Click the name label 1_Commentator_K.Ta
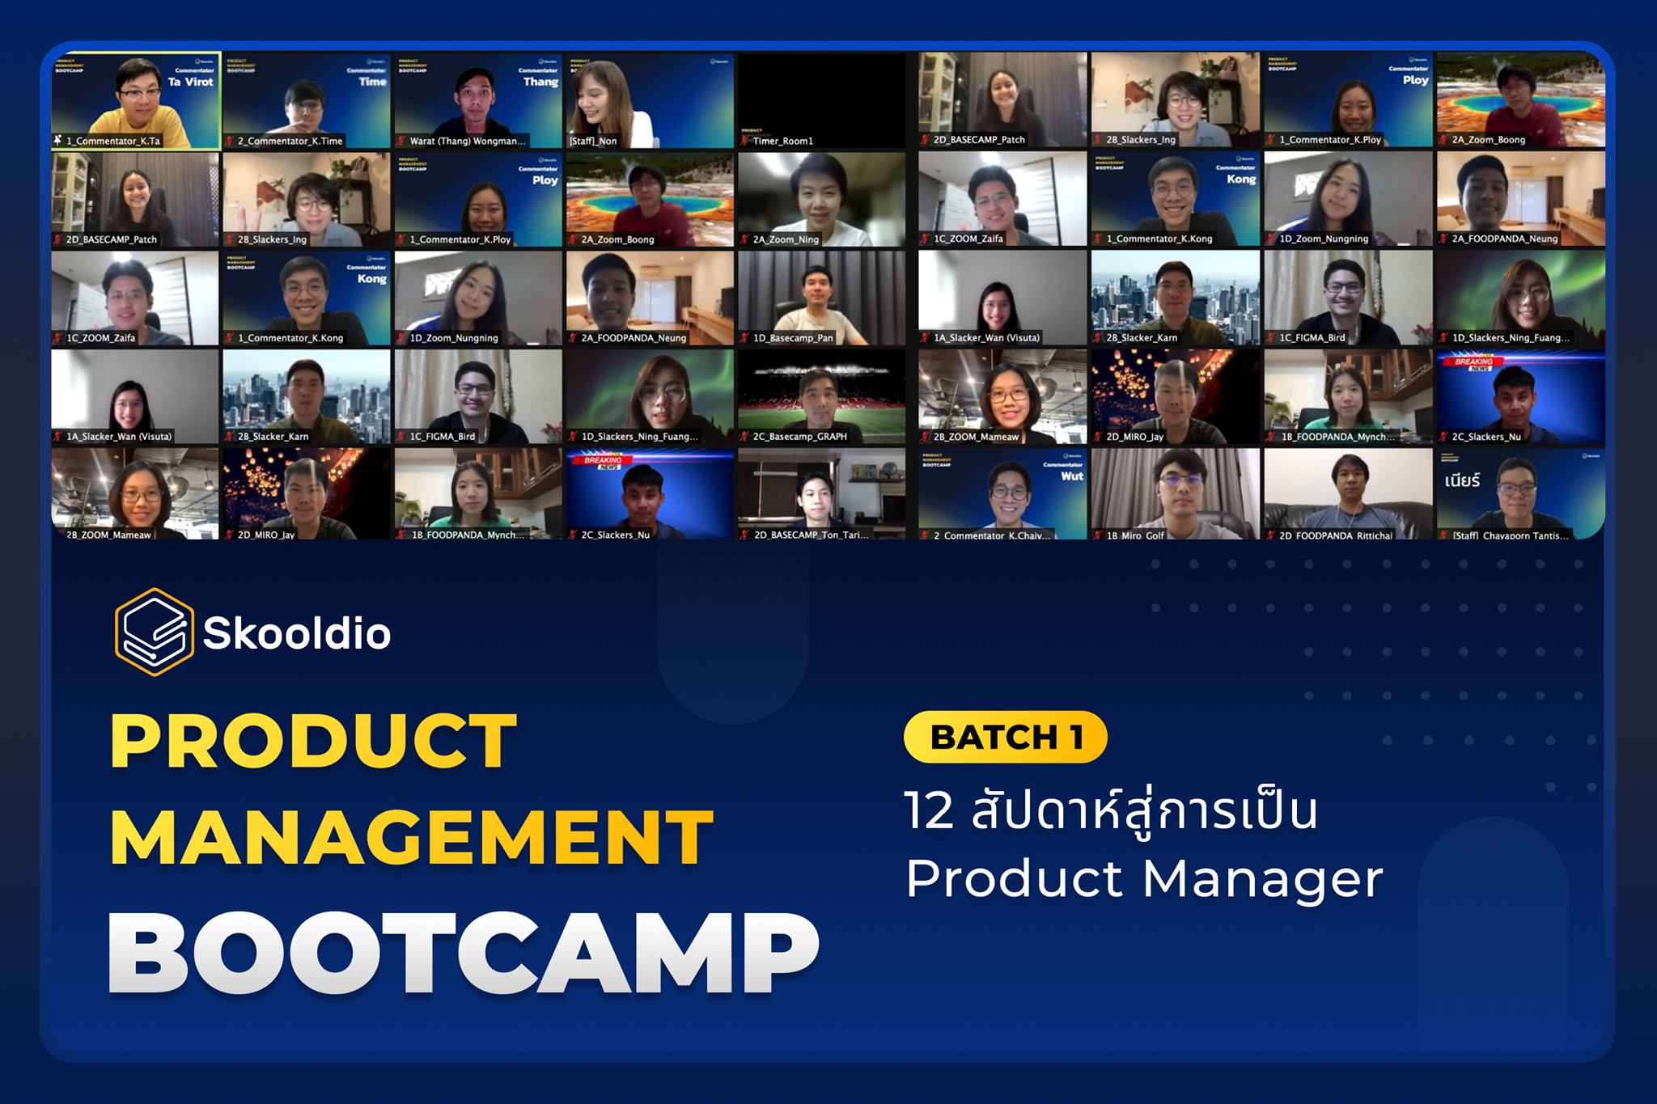[x=112, y=141]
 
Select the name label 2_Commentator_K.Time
[x=290, y=141]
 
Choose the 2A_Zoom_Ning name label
[x=786, y=239]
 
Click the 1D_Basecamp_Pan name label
[x=793, y=338]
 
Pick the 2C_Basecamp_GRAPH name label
[x=799, y=437]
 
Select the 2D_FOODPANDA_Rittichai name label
[x=1336, y=535]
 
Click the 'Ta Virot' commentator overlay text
[x=190, y=82]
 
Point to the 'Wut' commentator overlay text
[x=1071, y=476]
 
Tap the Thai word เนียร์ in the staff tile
[x=1462, y=481]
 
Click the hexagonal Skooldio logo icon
[x=154, y=632]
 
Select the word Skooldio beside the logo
[x=297, y=633]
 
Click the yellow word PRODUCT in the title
[x=314, y=741]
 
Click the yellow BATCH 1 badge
[x=1005, y=737]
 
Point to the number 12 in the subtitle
[x=930, y=811]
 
